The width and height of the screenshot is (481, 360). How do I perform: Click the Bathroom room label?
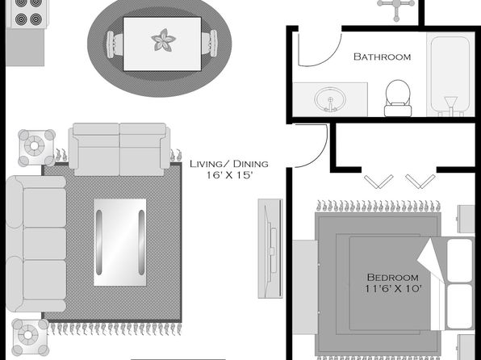coord(382,57)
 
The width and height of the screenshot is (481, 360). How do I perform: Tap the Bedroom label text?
coord(393,278)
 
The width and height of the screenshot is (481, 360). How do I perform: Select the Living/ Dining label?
coord(229,164)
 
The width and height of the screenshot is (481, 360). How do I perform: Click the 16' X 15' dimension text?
coord(229,175)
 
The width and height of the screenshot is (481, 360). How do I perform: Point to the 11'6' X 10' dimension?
coord(393,289)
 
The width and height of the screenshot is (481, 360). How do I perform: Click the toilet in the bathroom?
coord(398,98)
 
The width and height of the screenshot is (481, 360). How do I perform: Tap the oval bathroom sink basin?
coord(330,99)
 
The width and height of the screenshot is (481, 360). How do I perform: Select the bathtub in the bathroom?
coord(450,75)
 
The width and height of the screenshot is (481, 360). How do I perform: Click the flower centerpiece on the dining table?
coord(163,40)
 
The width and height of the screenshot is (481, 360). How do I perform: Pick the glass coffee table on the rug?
coord(120,242)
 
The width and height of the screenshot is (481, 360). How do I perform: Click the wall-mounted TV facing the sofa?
coord(270,249)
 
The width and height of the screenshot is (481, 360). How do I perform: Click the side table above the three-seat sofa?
coord(36,148)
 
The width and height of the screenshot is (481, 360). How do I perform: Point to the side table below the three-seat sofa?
coord(30,337)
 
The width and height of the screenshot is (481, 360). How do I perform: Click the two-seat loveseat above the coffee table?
coord(119,149)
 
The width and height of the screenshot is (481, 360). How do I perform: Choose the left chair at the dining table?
coord(115,44)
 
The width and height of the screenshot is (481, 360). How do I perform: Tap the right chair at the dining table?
coord(210,43)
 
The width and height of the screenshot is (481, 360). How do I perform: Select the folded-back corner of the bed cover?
coord(431,261)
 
